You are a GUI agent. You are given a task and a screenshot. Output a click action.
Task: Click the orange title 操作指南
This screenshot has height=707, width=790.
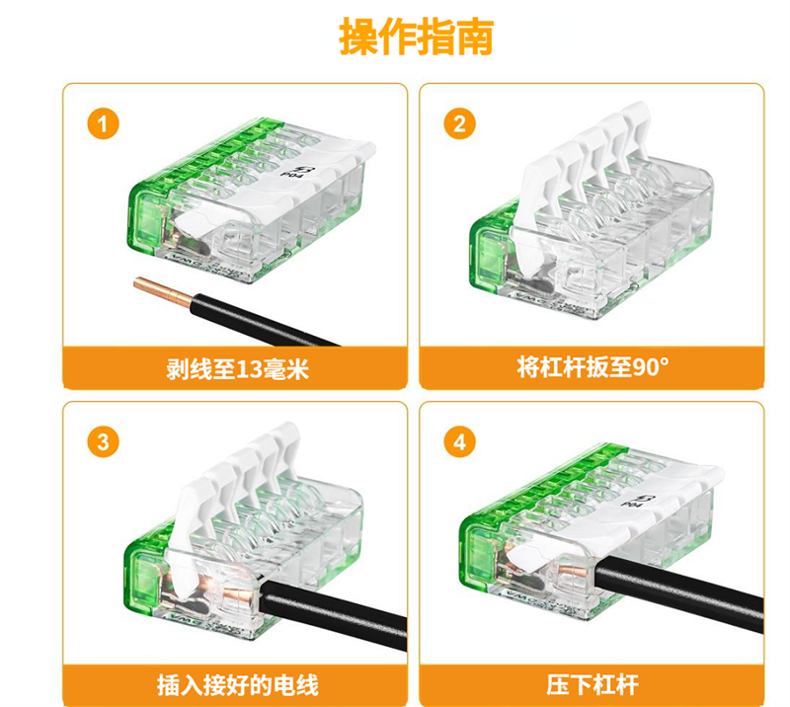pos(416,37)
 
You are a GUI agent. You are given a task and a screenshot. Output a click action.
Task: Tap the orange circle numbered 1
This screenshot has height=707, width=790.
pos(104,124)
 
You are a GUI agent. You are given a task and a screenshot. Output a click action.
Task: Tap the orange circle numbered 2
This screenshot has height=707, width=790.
pos(459,124)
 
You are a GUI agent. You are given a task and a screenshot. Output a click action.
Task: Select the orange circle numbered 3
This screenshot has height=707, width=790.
pos(104,442)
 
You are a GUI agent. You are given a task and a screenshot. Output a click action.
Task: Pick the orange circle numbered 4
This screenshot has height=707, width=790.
pos(459,442)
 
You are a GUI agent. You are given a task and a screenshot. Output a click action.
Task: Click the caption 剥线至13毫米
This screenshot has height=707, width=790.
pos(237,369)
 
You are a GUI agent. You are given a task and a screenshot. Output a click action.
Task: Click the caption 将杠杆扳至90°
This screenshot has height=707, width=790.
pos(593,367)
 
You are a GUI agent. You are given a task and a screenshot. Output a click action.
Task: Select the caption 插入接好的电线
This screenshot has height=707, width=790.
pos(237,686)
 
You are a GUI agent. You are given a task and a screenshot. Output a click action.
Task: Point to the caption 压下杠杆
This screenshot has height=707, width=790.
pos(592,685)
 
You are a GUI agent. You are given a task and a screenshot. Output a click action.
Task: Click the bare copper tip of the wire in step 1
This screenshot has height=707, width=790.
pos(162,291)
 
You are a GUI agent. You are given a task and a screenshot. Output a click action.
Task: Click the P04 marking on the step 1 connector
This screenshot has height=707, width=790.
pos(287,169)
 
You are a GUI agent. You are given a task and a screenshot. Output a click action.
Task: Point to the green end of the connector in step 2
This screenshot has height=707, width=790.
pos(487,252)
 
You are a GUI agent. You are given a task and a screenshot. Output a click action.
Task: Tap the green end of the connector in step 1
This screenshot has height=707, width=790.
pos(145,222)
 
